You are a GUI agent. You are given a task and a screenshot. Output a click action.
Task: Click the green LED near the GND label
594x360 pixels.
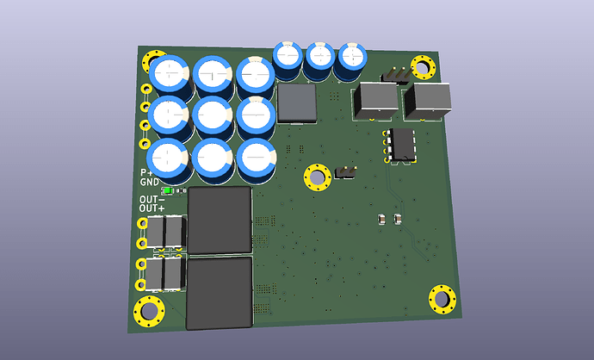point(167,190)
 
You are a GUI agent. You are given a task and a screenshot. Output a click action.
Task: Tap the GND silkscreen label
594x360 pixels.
point(150,182)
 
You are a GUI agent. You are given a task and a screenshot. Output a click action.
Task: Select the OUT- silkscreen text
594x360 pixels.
point(152,199)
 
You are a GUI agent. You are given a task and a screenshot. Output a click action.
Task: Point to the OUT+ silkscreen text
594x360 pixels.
point(152,208)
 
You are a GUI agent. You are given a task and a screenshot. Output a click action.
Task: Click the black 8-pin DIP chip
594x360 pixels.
point(403,145)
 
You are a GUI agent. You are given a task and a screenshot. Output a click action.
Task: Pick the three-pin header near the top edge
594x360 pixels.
point(396,75)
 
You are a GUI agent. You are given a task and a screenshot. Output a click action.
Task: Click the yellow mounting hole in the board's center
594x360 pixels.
point(317,177)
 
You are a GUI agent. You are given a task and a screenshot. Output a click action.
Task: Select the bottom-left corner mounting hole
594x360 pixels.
point(149,311)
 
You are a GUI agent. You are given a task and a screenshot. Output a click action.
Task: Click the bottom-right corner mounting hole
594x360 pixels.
point(442,300)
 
